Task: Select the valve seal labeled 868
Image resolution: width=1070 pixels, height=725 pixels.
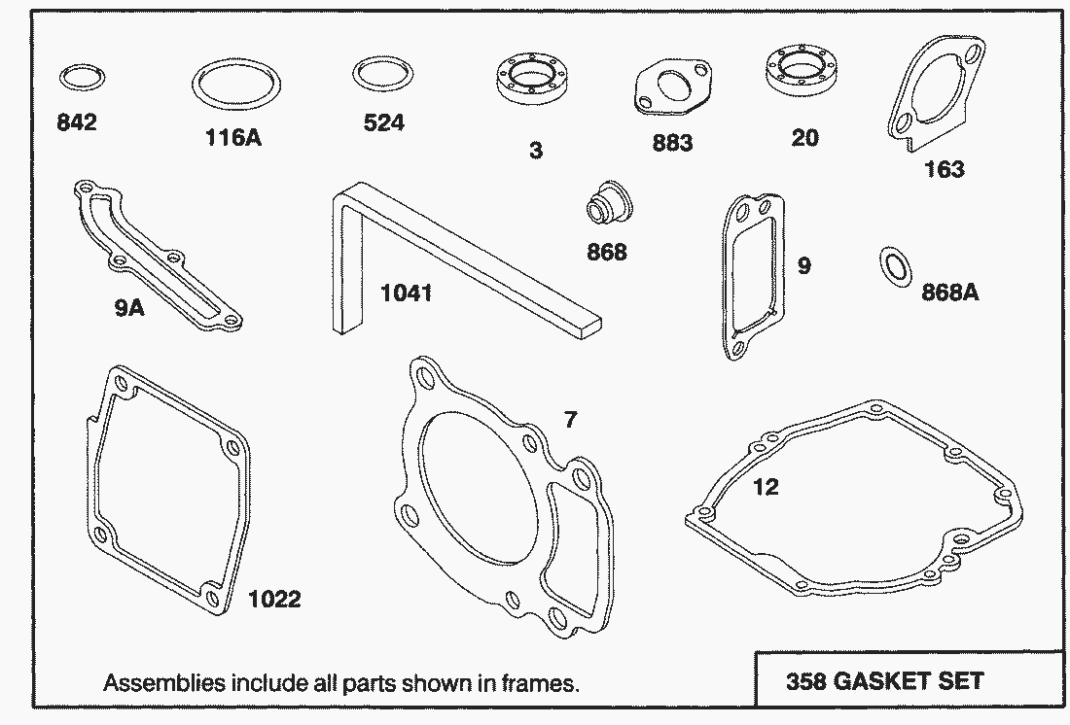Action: [609, 202]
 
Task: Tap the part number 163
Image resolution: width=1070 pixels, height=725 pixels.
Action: [944, 168]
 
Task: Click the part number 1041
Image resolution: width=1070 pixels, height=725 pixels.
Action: [406, 293]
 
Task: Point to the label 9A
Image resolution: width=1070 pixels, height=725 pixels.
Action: [129, 308]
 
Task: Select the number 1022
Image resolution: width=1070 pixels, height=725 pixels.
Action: [274, 600]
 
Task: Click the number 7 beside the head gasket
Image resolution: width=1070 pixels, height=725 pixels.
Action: [570, 419]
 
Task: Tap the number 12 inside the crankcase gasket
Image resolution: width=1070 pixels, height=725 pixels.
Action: [766, 487]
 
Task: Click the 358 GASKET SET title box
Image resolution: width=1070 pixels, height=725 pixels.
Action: [909, 679]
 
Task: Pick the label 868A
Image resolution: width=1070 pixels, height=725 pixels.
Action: [950, 292]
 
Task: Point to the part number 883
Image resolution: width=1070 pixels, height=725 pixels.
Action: [672, 143]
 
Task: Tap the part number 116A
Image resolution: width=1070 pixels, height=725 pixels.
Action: [233, 137]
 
